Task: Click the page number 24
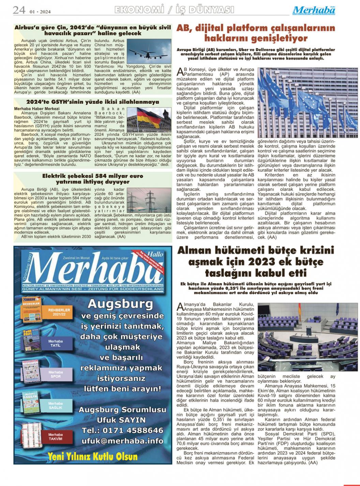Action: pyautogui.click(x=19, y=10)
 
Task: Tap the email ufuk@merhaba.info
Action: pyautogui.click(x=122, y=441)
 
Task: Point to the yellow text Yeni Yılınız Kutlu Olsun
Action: pyautogui.click(x=92, y=456)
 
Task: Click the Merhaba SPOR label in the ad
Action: pyautogui.click(x=56, y=374)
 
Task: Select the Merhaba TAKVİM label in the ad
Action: pyautogui.click(x=55, y=437)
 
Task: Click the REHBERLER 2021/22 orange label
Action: pyautogui.click(x=59, y=312)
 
